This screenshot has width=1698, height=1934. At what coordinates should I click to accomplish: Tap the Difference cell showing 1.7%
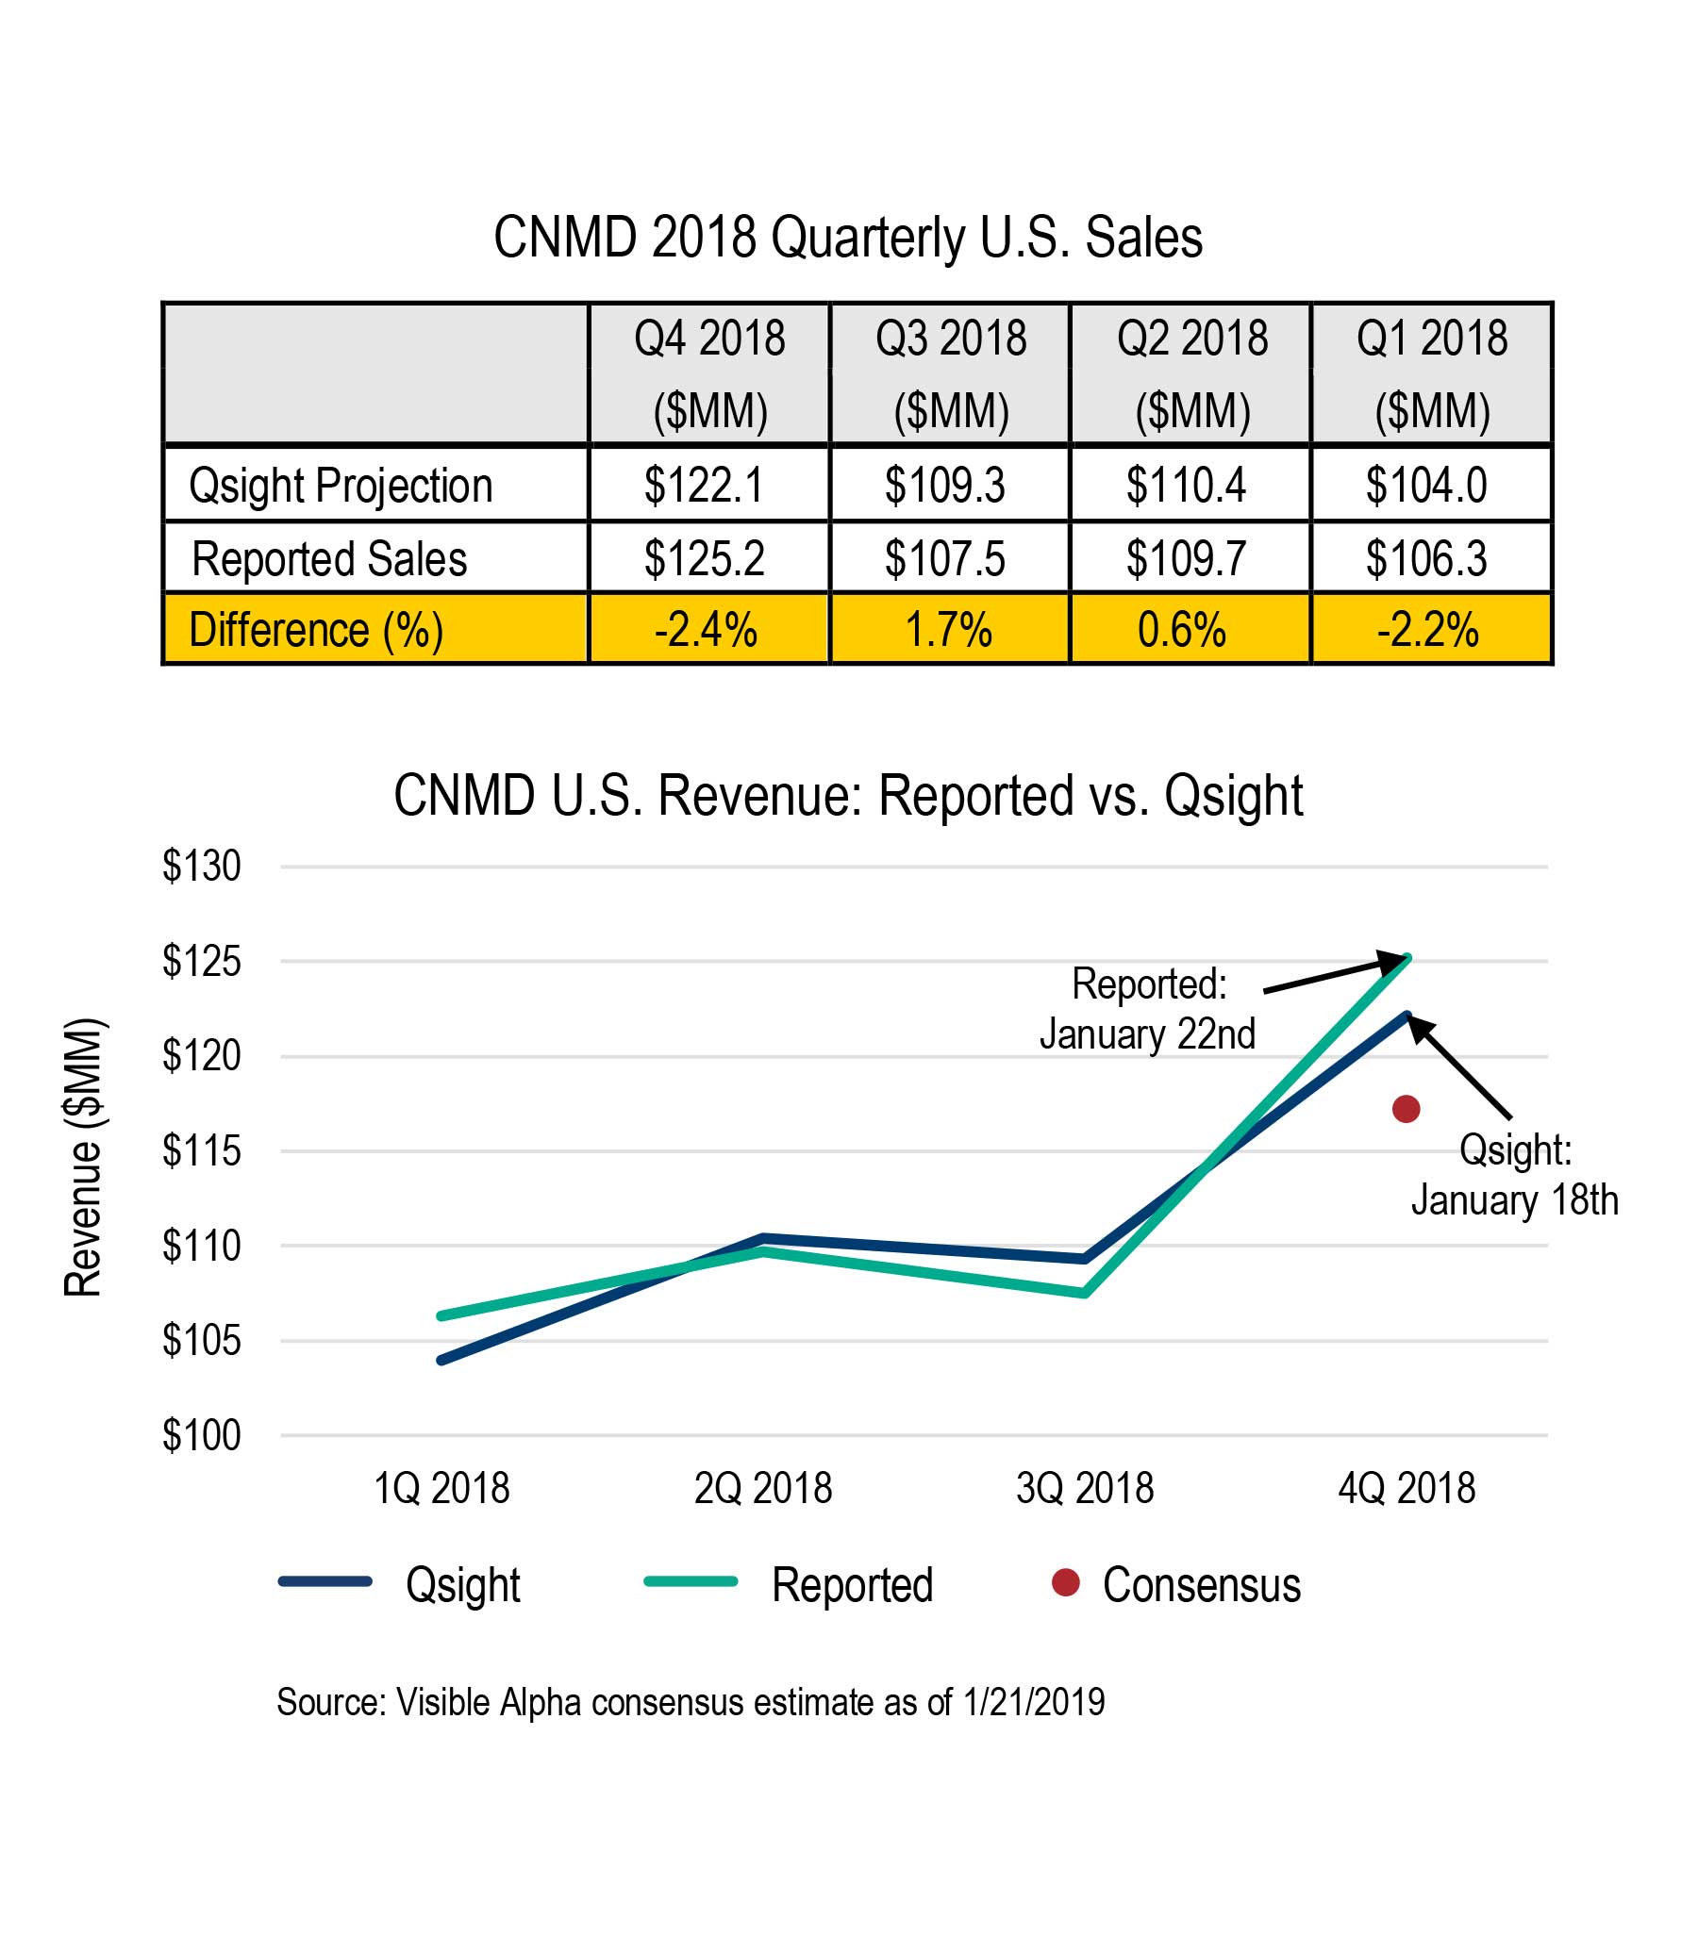(947, 630)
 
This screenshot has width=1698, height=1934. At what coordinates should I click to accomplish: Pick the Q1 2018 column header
(1430, 373)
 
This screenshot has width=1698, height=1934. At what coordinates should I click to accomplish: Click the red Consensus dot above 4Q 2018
(1406, 1109)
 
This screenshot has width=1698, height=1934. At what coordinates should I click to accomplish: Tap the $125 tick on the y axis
(202, 961)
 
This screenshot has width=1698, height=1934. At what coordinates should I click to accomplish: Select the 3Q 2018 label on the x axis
(1085, 1488)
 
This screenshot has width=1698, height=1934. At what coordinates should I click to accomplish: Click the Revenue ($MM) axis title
(83, 1156)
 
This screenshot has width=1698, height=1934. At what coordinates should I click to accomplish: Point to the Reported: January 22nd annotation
(1147, 1009)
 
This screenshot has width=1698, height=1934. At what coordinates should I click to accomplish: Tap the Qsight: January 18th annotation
(1513, 1175)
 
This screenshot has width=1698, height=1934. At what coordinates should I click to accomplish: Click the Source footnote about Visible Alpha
(690, 1702)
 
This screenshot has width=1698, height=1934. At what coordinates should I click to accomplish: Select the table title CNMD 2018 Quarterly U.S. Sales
(848, 237)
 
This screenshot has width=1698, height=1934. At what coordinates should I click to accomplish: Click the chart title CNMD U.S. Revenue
(848, 795)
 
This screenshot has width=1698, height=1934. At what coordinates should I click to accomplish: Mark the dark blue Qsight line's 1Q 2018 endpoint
(442, 1360)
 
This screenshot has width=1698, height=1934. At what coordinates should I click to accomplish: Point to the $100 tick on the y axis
(202, 1435)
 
